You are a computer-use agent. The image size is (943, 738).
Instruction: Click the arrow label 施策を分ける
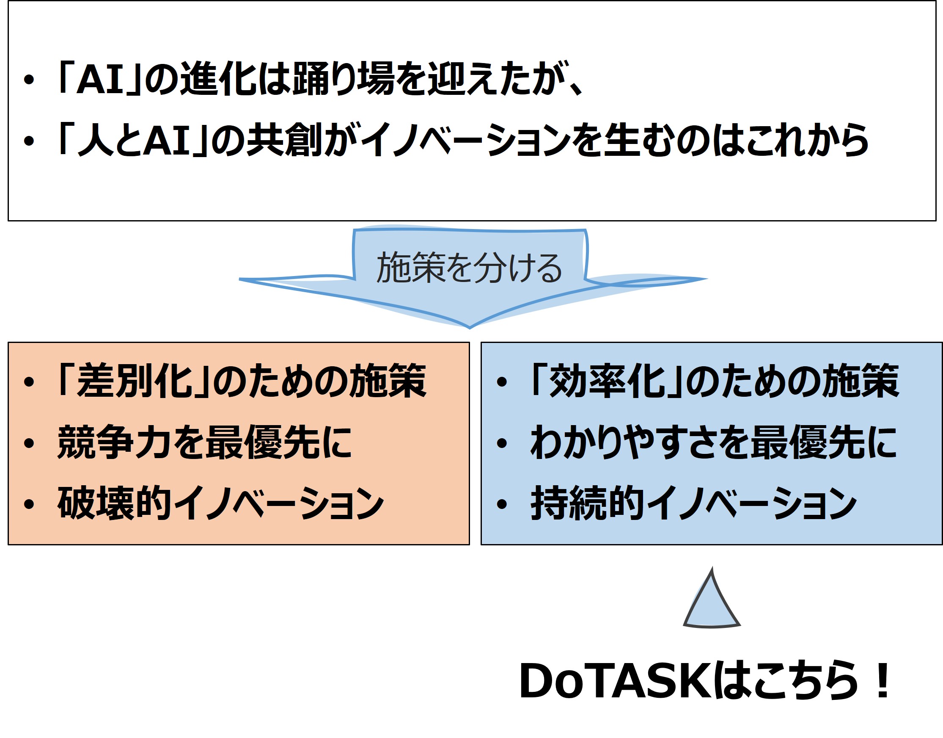click(x=469, y=268)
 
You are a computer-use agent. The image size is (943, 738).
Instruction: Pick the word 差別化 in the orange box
click(x=134, y=381)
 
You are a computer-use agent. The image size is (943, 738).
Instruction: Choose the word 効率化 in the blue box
click(x=606, y=381)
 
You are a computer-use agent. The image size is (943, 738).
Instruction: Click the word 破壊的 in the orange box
click(x=114, y=503)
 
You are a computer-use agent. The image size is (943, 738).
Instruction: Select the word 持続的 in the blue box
click(x=588, y=503)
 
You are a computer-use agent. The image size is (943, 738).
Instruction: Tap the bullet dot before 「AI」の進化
click(x=29, y=80)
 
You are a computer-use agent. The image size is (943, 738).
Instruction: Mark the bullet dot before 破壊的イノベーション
click(x=29, y=504)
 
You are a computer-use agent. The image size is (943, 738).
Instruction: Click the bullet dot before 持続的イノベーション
click(x=502, y=504)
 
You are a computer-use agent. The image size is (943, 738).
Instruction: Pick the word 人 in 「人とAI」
click(x=96, y=140)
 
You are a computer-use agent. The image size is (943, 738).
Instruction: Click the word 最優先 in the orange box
click(x=263, y=442)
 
